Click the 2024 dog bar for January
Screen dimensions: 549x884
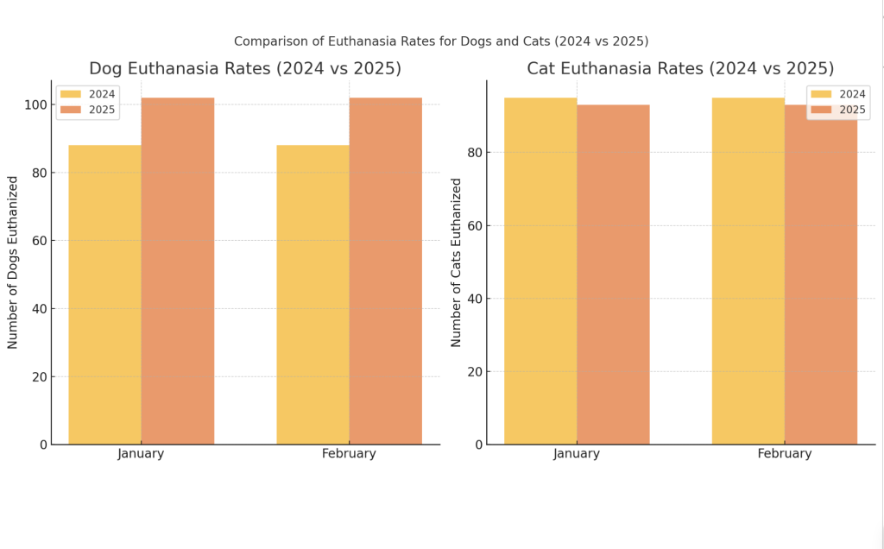[104, 293]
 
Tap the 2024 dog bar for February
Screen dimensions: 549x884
[313, 293]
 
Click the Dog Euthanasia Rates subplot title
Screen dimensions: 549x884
[245, 69]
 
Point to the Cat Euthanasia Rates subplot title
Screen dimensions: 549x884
[680, 69]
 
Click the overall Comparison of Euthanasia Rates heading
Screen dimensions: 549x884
[441, 41]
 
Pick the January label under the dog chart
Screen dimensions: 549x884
[141, 454]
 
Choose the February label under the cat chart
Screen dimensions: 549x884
[784, 454]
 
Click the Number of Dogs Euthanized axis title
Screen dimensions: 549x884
[13, 262]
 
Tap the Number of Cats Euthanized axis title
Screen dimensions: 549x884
[456, 262]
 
